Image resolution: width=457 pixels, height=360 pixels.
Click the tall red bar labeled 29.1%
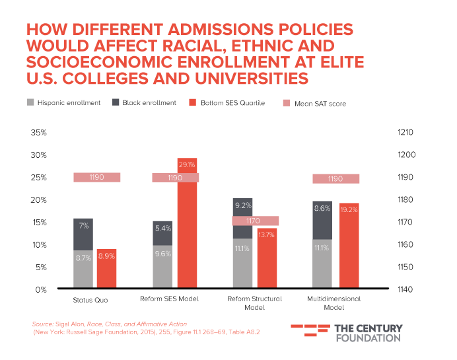tap(188, 225)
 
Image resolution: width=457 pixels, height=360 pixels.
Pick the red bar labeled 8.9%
tap(106, 268)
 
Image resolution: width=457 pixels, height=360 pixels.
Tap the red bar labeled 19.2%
tap(349, 244)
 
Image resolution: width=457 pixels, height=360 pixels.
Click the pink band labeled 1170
tap(255, 221)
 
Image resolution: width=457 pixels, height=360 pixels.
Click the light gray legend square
tap(30, 102)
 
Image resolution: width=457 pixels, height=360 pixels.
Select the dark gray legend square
tap(116, 102)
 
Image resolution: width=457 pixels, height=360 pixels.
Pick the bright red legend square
tap(192, 102)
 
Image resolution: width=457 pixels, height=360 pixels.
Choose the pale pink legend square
tap(286, 102)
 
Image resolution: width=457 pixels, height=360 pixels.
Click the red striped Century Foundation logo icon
tap(310, 332)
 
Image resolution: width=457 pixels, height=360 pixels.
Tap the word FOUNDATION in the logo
tap(368, 338)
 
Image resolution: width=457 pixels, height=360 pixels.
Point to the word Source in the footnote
tap(41, 324)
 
